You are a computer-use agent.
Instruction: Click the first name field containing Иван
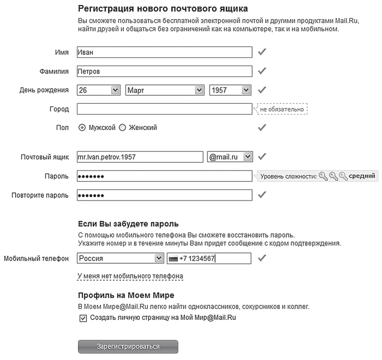164,52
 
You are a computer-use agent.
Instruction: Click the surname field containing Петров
164,71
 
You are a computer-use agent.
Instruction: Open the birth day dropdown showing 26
99,90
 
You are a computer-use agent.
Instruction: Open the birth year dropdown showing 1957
230,90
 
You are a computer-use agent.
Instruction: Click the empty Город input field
164,109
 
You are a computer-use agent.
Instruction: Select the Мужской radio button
82,127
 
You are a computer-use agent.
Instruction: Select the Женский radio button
123,127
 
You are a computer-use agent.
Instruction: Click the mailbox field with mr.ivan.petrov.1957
140,157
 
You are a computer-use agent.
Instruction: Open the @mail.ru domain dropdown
230,157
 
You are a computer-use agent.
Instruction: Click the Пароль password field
164,176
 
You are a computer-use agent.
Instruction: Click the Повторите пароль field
164,195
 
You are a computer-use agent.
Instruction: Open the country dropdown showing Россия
120,258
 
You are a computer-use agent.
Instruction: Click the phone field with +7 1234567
209,258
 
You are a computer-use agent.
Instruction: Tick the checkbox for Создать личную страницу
83,317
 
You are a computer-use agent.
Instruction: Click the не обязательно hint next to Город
282,109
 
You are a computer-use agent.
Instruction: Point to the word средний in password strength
362,176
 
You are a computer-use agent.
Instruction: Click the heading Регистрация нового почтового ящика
155,9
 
